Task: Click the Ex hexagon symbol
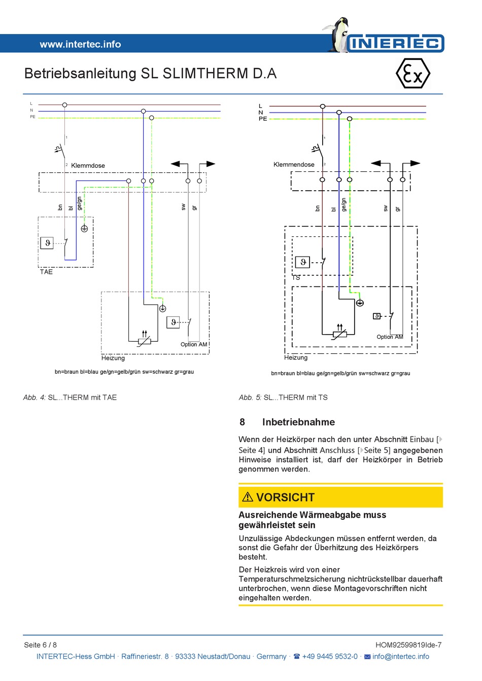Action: [412, 74]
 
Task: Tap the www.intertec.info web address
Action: [80, 44]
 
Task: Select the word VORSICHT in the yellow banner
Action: [285, 497]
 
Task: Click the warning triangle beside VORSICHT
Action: [248, 497]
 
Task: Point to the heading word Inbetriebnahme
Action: [298, 422]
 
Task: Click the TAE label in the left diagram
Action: [46, 272]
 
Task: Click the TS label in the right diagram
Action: [296, 277]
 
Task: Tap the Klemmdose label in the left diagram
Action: [88, 165]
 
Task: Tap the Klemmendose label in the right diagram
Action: [294, 164]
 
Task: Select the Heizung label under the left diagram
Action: [113, 358]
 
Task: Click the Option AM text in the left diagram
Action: [194, 344]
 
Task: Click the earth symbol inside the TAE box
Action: [84, 229]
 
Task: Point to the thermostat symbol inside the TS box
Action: [303, 262]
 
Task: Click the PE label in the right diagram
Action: [262, 119]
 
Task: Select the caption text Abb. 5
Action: [250, 398]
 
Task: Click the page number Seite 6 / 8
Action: [41, 645]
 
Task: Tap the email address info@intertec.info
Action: [400, 656]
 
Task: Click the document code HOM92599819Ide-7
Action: [408, 645]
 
